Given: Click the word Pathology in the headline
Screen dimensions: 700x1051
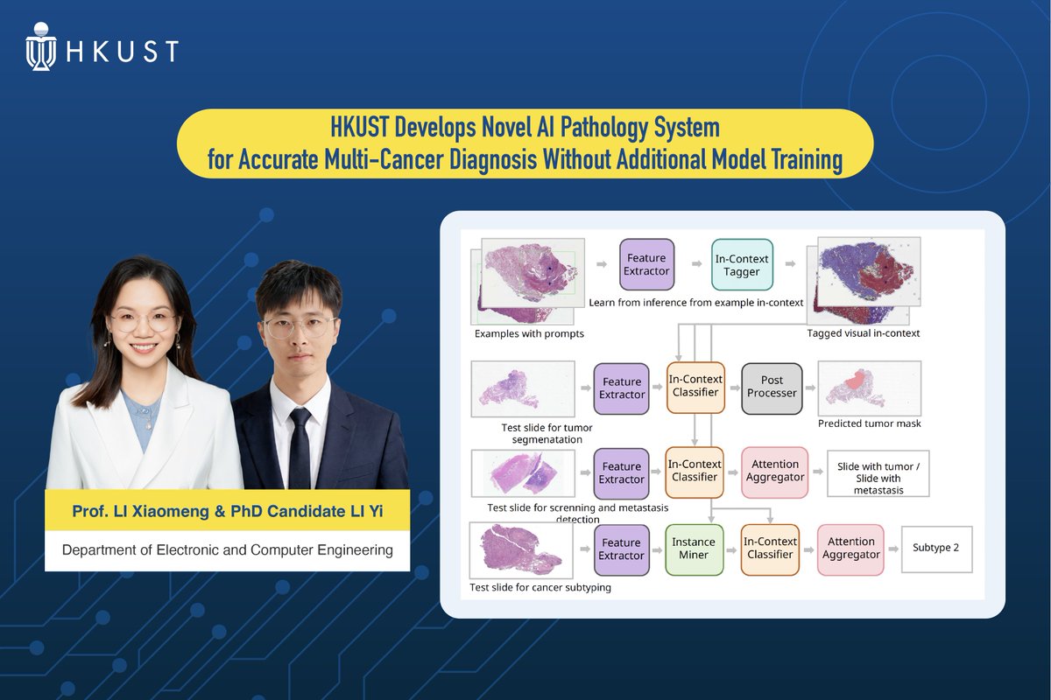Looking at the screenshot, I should coord(576,128).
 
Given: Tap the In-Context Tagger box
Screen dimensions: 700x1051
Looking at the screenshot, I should coord(742,264).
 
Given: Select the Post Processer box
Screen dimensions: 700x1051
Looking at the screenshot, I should coord(772,387).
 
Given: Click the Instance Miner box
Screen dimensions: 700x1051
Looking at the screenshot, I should coord(694,549).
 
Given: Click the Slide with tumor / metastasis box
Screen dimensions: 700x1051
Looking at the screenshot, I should coord(878,478).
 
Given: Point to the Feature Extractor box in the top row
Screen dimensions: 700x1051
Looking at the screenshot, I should coord(646,264).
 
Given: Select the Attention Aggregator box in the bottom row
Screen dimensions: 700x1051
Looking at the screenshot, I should coord(850,549).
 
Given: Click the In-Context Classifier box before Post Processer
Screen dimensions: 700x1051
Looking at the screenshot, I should coord(695,387).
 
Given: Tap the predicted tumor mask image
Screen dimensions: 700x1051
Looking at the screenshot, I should coord(869,388).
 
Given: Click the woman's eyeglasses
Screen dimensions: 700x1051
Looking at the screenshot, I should coord(142,321).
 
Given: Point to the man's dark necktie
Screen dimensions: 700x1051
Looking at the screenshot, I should coord(300,446).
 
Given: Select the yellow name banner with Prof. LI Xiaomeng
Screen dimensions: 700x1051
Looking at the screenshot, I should coord(228,510).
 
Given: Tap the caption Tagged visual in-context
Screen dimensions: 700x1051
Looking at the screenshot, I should coord(863,333).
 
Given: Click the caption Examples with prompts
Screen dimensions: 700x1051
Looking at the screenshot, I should coord(529,333).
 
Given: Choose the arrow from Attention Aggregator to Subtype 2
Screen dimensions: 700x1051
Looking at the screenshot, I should coord(890,549).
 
